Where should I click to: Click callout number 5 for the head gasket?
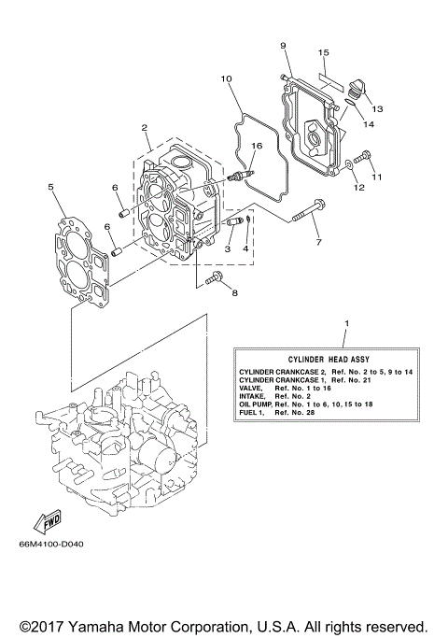50,187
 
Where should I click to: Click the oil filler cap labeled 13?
355,90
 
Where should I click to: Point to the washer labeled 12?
347,165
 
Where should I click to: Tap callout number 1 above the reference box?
345,324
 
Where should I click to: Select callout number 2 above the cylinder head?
145,127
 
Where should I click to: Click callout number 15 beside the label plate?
322,52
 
